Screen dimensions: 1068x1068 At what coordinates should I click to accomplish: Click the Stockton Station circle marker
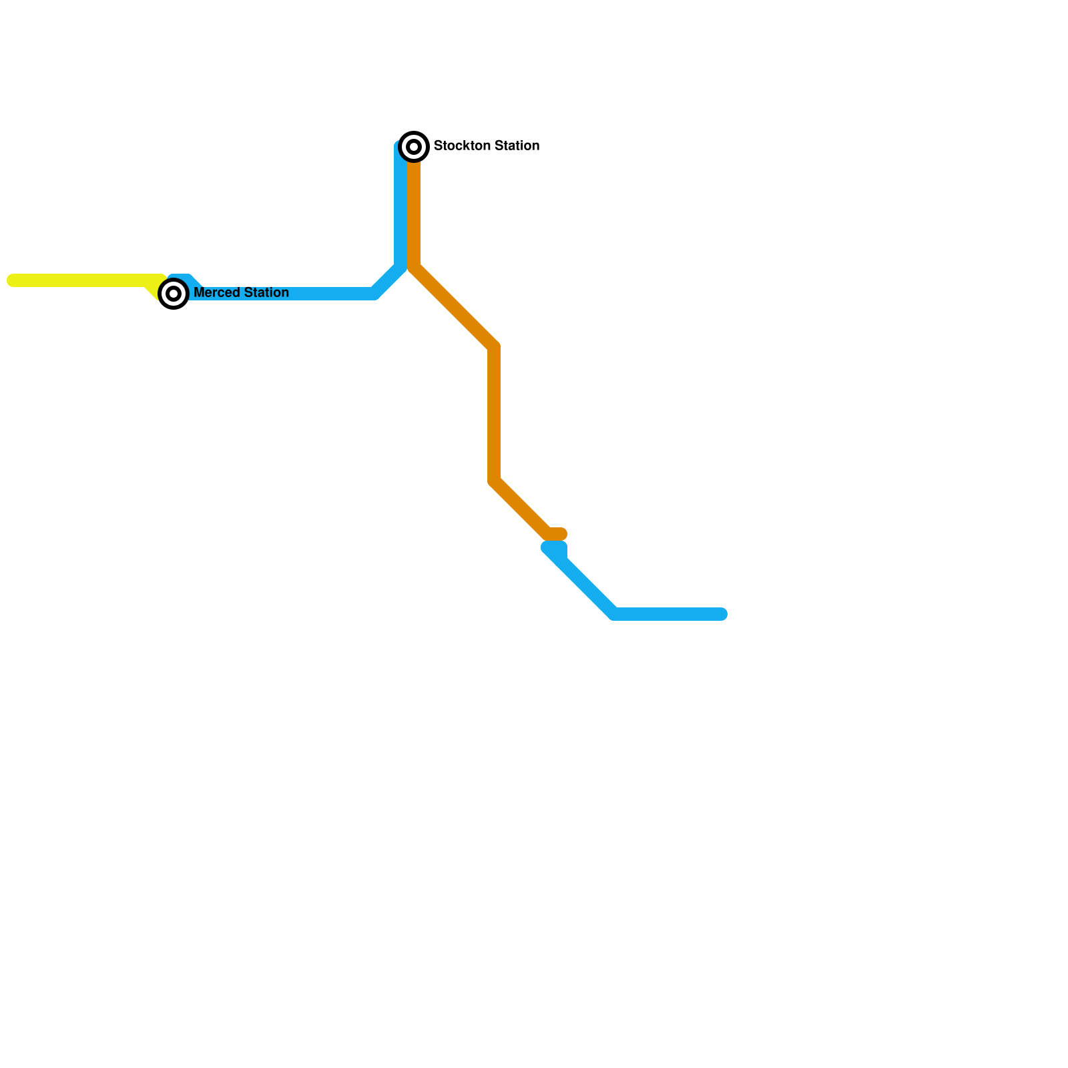pyautogui.click(x=414, y=146)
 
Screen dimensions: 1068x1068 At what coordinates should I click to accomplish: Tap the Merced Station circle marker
pyautogui.click(x=174, y=294)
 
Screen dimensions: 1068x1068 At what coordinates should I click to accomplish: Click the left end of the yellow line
pyautogui.click(x=12, y=280)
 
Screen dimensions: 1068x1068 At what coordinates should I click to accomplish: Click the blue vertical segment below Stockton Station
pyautogui.click(x=400, y=207)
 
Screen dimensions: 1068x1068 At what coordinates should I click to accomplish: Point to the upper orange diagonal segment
pyautogui.click(x=454, y=307)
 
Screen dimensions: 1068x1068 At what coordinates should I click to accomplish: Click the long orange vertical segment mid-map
pyautogui.click(x=494, y=414)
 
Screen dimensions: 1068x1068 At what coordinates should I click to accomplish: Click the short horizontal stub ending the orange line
pyautogui.click(x=558, y=534)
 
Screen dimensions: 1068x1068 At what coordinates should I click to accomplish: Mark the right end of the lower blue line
pyautogui.click(x=721, y=614)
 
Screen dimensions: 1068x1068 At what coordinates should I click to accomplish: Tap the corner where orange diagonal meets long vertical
pyautogui.click(x=494, y=347)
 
